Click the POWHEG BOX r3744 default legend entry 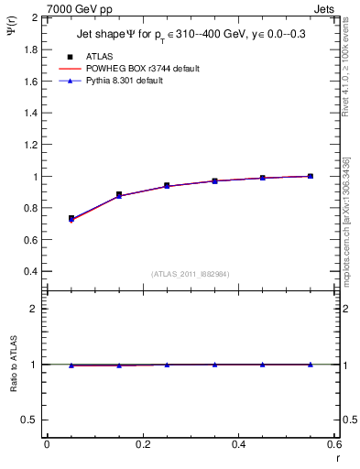(x=137, y=69)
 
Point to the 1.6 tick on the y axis (x=32, y=81)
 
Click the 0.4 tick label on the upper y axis (x=32, y=271)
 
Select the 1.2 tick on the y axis (x=32, y=145)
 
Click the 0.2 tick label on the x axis (x=142, y=444)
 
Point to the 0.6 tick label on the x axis (x=333, y=444)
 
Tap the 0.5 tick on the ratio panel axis (x=32, y=420)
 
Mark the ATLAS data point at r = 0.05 (x=71, y=219)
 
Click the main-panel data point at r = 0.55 (x=311, y=176)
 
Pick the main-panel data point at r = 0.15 (x=119, y=194)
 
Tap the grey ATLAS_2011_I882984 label (x=191, y=273)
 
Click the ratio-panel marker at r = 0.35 (x=214, y=364)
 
